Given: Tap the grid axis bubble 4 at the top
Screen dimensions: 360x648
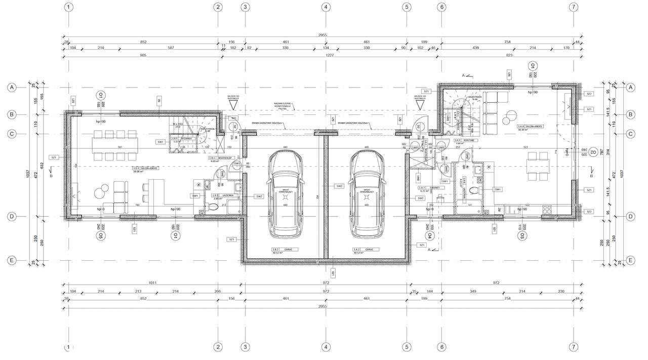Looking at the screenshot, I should (x=326, y=7).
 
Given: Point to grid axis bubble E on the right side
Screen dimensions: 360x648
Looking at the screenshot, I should (x=630, y=260).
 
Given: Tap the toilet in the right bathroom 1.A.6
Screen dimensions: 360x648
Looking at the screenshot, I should (x=473, y=190).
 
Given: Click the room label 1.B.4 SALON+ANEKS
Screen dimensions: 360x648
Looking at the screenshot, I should (x=146, y=168).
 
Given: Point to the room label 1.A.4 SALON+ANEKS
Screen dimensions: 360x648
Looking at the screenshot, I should (x=530, y=127).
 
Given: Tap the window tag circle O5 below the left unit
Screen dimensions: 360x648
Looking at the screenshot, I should (x=102, y=236).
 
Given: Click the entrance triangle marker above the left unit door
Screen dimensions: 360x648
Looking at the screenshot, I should (x=232, y=104).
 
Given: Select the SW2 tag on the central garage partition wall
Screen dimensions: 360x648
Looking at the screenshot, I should (x=339, y=186).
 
